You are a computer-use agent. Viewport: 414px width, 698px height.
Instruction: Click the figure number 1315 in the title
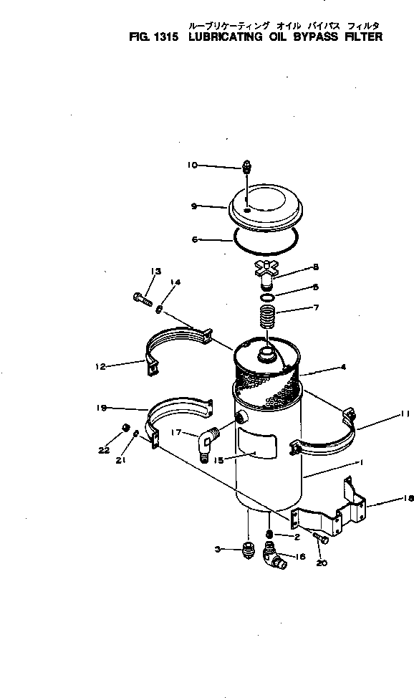(163, 37)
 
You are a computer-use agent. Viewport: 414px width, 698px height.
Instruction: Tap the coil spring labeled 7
(266, 316)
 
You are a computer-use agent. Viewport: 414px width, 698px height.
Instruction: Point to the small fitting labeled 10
(246, 167)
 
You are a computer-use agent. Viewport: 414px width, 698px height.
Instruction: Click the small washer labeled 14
(158, 309)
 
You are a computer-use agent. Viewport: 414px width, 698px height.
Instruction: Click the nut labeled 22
(124, 428)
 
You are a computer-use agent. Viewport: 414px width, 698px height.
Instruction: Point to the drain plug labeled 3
(247, 552)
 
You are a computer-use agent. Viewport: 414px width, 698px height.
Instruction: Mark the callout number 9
(193, 206)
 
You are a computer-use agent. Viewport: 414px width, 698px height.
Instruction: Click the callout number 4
(344, 366)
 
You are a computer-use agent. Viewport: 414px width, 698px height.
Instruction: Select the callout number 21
(122, 461)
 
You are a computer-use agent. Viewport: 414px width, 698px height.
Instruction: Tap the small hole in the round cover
(246, 211)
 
